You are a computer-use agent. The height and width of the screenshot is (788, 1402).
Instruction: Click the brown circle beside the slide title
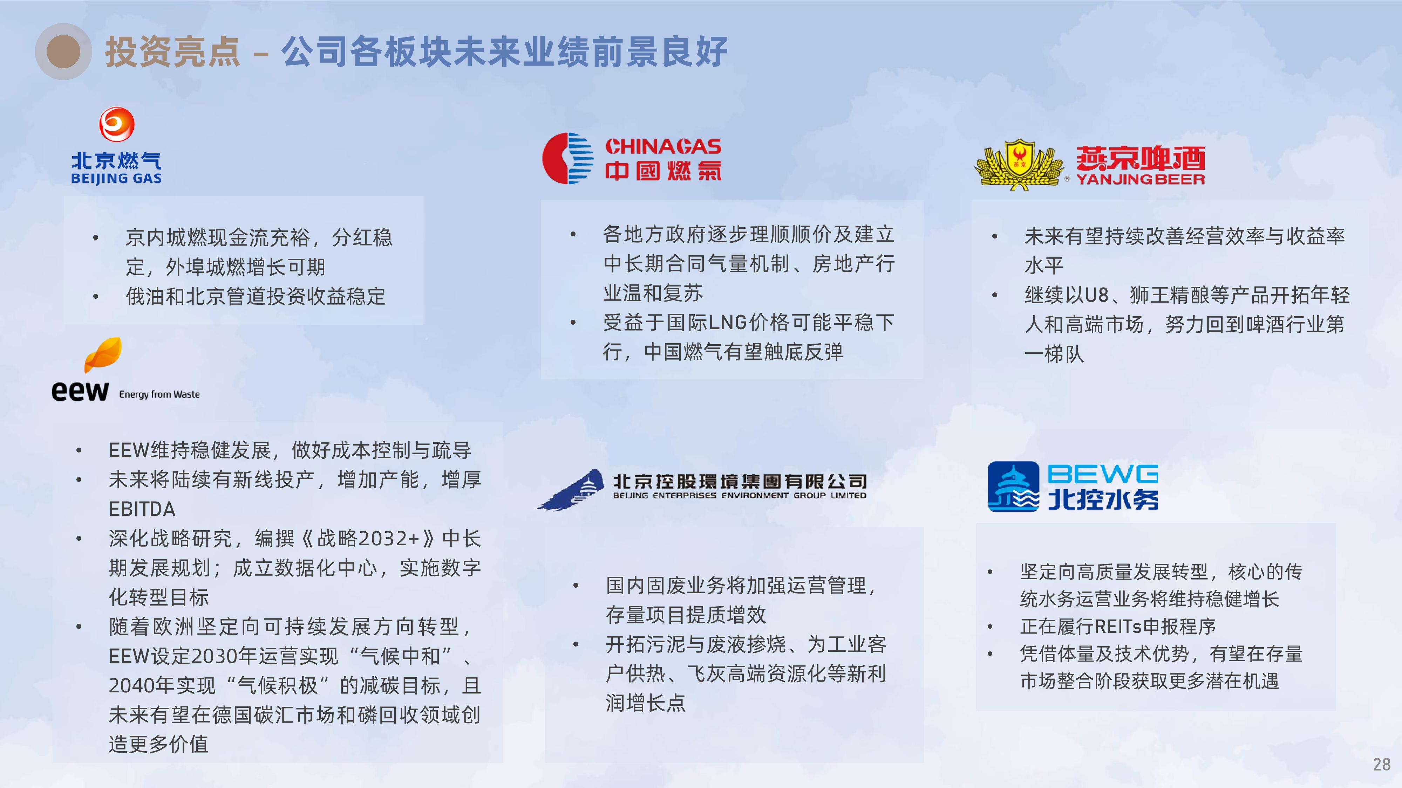pos(64,52)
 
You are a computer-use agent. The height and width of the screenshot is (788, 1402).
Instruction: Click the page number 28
pos(1381,765)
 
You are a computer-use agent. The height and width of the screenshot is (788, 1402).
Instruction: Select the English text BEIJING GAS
pos(116,178)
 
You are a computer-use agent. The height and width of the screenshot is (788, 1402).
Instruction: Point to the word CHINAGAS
pos(663,146)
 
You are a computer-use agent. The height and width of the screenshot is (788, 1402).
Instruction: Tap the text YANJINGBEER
pos(1140,179)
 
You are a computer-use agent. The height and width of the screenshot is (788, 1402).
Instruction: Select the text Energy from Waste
pos(159,394)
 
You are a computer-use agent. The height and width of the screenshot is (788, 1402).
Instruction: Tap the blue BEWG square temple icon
pos(1013,487)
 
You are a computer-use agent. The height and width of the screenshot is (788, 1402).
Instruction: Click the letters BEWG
pos(1103,474)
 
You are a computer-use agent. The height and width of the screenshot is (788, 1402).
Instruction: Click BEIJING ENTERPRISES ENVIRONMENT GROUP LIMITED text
pos(740,496)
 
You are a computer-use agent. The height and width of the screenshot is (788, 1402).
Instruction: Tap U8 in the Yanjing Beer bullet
pos(1096,295)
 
